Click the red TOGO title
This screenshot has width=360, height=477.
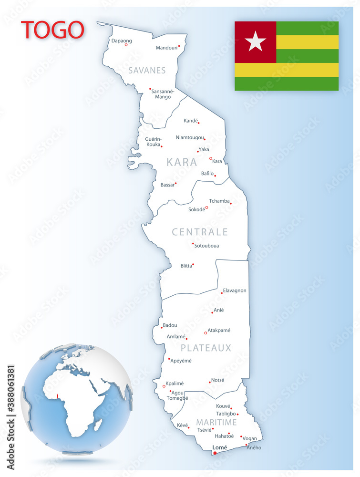(x=52, y=30)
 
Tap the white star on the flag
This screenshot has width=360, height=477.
(x=255, y=41)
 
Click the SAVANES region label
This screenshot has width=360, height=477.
(x=147, y=71)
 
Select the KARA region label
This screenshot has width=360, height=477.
(x=182, y=162)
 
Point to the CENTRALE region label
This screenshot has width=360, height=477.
(x=200, y=232)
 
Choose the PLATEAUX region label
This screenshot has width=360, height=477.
(x=206, y=348)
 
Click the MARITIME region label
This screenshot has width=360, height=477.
(x=216, y=423)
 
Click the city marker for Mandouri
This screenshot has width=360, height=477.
(x=179, y=46)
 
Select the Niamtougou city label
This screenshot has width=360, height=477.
(x=190, y=137)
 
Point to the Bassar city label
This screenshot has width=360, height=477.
(x=167, y=185)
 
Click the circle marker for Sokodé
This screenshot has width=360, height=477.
(x=206, y=207)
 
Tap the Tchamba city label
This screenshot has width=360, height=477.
(x=219, y=201)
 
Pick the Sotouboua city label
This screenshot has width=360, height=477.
(x=207, y=246)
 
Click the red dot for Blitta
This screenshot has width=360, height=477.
(x=193, y=264)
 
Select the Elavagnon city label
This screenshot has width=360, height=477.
(x=235, y=290)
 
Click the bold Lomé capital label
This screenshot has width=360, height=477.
(x=219, y=447)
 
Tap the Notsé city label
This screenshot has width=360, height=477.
(x=217, y=380)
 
